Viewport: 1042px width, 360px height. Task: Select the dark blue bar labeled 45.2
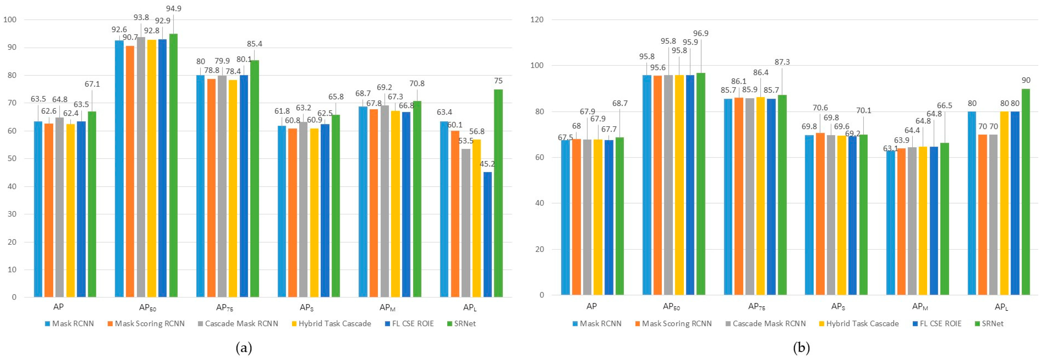488,235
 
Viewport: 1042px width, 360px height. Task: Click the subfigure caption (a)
244,348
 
